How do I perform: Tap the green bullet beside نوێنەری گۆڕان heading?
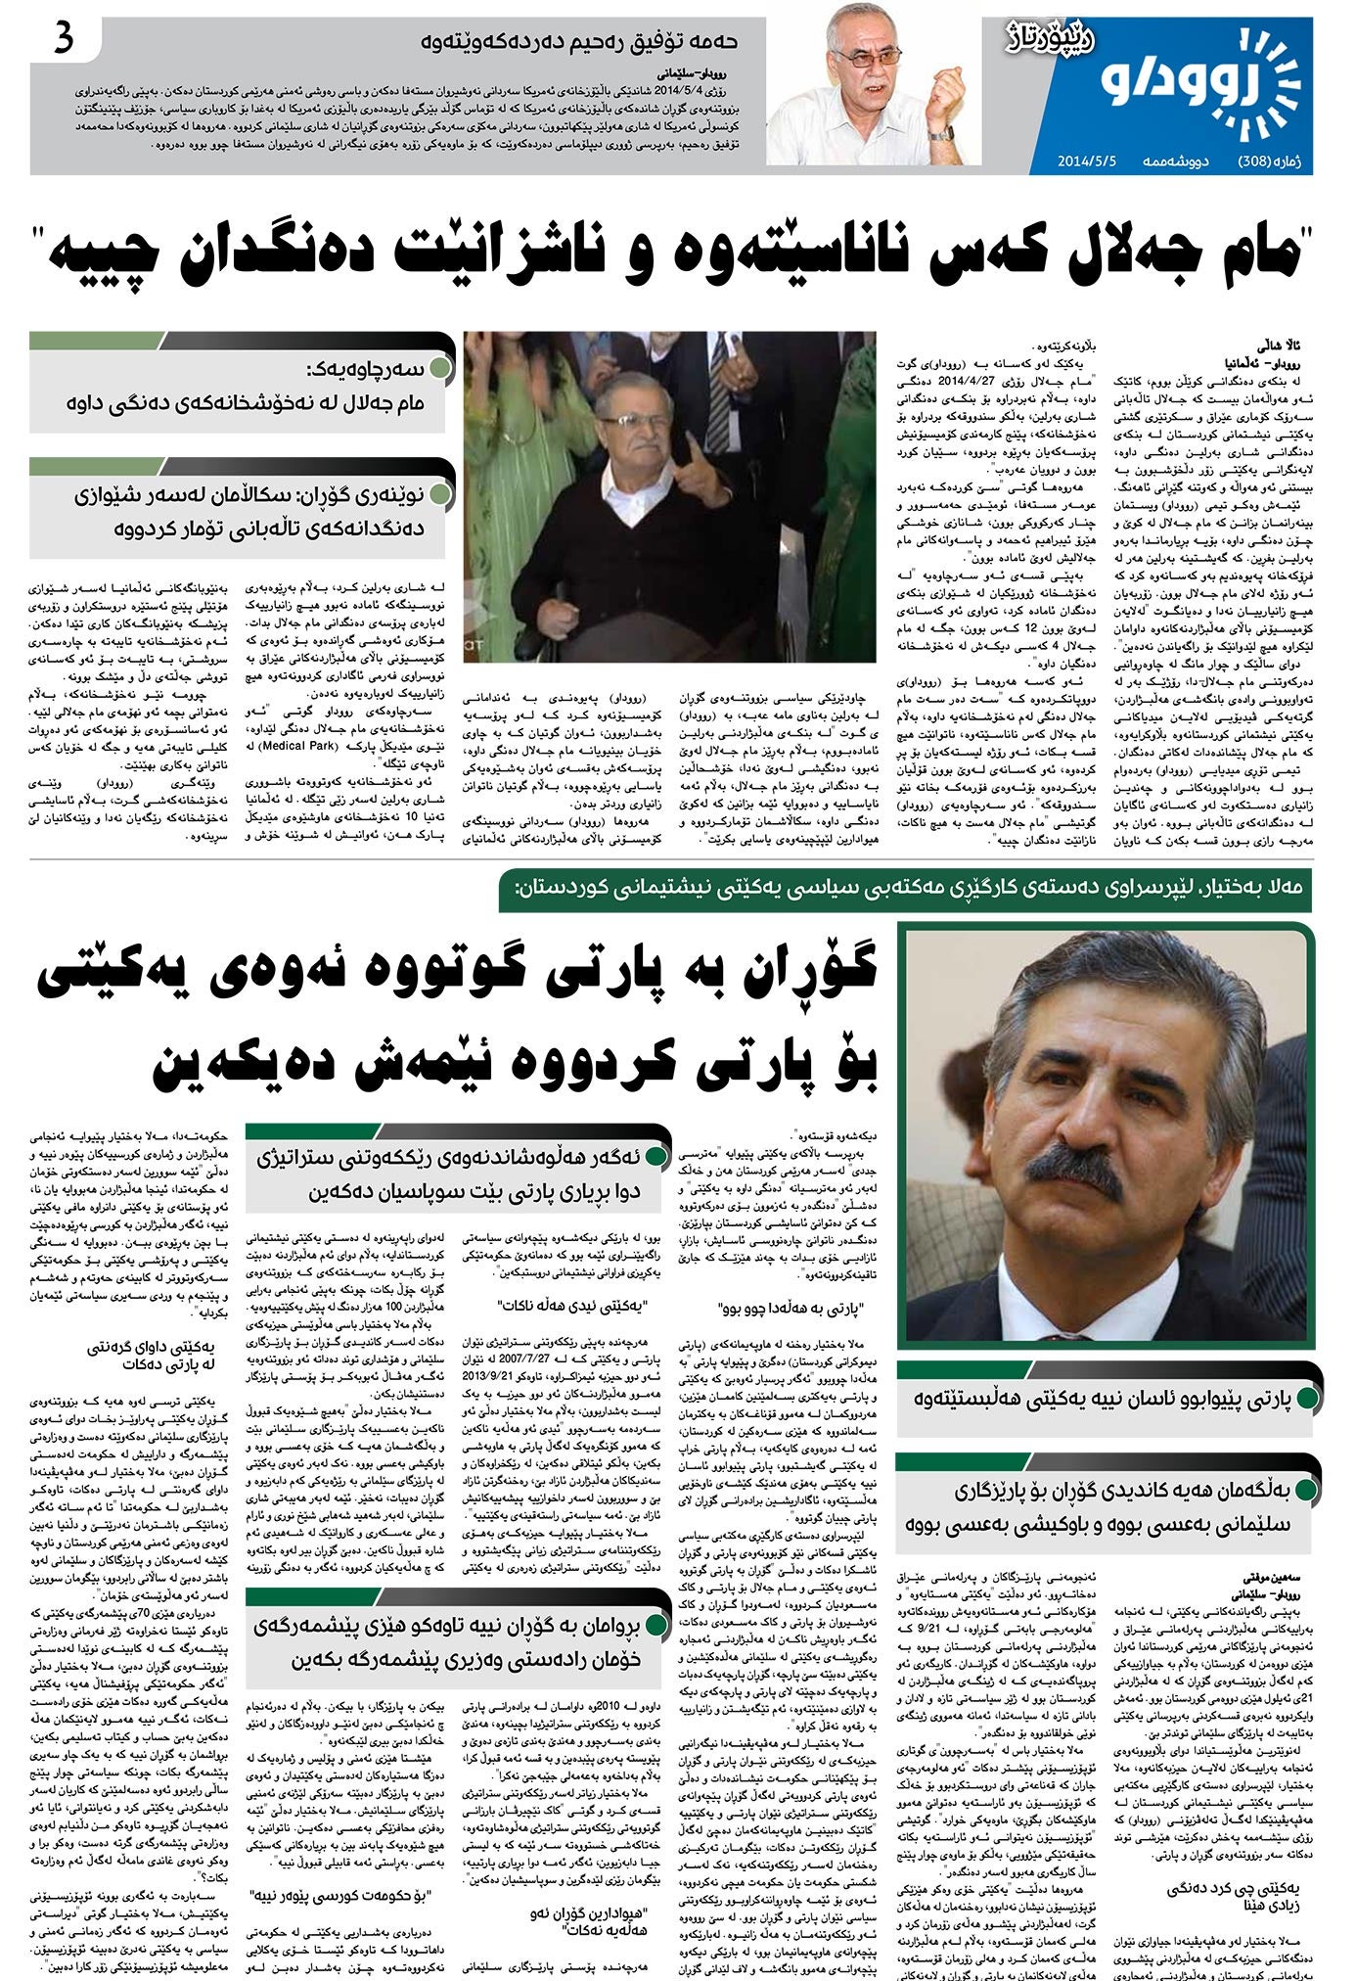click(x=440, y=494)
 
